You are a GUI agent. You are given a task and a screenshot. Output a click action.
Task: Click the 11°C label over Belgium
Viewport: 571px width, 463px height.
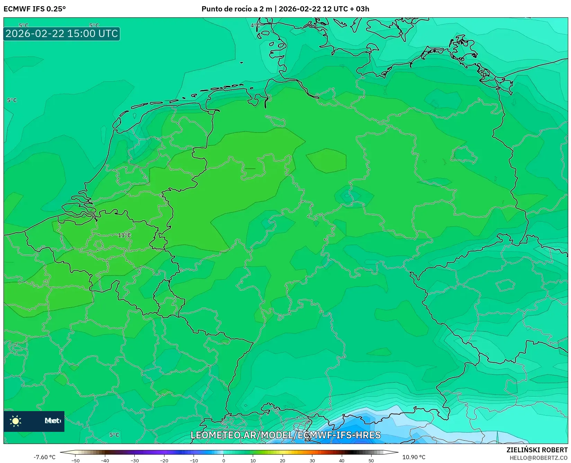point(124,235)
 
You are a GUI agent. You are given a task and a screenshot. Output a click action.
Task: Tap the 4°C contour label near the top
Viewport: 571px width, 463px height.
point(255,25)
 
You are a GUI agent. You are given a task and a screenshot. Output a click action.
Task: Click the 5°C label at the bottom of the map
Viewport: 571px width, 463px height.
point(114,435)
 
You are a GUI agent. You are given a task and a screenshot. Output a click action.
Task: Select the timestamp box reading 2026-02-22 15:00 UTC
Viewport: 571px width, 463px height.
point(62,34)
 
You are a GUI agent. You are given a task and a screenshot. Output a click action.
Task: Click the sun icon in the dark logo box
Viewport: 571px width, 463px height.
point(16,421)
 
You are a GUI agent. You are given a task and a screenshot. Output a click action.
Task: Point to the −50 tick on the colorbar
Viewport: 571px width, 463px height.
point(75,461)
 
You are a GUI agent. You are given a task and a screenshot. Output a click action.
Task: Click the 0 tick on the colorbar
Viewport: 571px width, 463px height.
point(223,461)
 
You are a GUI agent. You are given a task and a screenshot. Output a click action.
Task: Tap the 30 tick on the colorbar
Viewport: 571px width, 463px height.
point(312,461)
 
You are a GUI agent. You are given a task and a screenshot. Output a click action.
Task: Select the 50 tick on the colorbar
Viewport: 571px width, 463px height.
point(371,461)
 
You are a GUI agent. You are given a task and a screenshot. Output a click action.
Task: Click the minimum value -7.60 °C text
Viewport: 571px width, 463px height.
point(44,457)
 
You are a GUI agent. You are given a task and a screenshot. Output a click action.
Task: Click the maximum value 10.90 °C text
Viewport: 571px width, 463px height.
point(413,457)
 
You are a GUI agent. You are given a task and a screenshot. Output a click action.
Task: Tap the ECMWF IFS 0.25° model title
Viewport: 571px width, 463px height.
point(35,9)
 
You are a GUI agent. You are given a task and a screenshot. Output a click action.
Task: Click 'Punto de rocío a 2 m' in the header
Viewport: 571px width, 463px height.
point(237,9)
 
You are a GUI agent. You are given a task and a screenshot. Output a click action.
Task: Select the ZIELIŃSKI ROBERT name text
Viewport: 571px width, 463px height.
point(537,450)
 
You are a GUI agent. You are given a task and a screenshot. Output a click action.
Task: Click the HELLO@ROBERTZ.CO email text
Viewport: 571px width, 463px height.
point(538,458)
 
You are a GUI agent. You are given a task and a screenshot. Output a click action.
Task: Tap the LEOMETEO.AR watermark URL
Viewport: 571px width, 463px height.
point(285,435)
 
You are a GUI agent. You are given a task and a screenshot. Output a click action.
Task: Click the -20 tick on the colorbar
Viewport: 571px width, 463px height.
point(164,461)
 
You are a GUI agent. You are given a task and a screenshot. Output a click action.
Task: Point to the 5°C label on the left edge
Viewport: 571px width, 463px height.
point(12,100)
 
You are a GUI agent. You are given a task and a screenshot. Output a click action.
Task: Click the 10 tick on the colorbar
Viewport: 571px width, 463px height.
point(253,461)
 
